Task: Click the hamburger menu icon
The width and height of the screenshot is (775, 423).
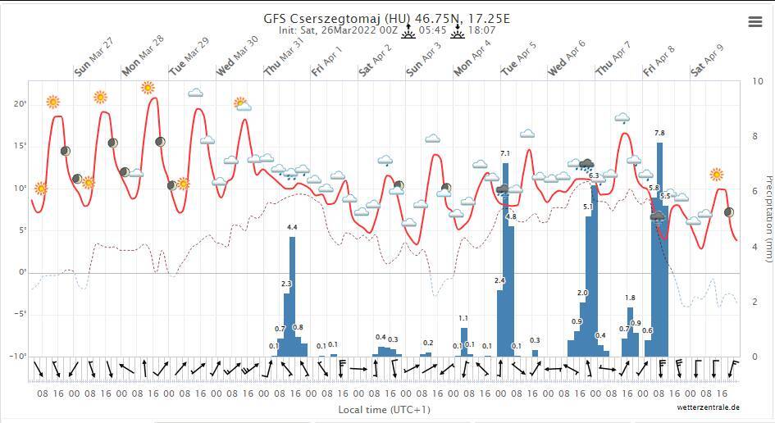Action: (x=755, y=22)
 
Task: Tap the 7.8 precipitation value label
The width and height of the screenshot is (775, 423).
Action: (x=659, y=133)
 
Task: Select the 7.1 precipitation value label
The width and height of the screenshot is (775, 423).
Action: (x=505, y=153)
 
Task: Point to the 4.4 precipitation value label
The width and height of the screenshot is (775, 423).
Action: (x=292, y=227)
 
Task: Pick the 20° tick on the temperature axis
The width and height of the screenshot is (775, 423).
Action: (x=20, y=104)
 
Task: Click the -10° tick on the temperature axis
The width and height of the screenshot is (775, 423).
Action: (x=18, y=357)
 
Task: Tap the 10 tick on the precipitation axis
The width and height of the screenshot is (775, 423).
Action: (x=757, y=81)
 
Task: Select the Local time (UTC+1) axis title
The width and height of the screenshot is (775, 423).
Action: (x=384, y=409)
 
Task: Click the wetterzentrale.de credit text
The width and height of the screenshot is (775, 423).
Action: (x=709, y=407)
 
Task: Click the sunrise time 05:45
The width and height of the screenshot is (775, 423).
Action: (x=431, y=30)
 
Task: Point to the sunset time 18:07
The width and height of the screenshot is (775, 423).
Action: (x=482, y=30)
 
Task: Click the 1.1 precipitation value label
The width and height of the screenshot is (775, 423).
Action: (x=463, y=318)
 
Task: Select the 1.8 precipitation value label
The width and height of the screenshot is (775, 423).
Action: (x=630, y=298)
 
